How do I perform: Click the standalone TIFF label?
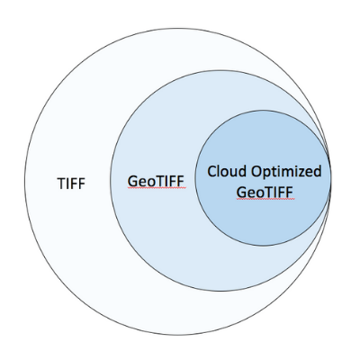pos(71,184)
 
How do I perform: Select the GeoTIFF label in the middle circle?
pos(156,181)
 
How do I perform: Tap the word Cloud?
pos(227,171)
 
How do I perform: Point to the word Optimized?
pos(286,172)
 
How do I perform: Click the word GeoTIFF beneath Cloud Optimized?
pos(265,193)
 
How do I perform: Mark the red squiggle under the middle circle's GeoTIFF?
pos(157,188)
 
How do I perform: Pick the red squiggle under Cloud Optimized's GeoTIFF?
pos(265,199)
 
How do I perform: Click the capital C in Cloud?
pos(211,172)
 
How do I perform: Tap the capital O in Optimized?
pos(256,172)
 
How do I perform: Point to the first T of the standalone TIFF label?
pos(61,184)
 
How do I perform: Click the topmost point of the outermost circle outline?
pos(177,29)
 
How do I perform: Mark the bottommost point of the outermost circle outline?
pos(177,335)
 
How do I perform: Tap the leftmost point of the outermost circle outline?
pos(24,182)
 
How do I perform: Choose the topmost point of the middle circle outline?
pos(220,70)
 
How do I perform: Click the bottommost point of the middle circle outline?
pos(220,291)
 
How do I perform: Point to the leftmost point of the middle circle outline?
pos(110,181)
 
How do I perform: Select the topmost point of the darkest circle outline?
pos(263,111)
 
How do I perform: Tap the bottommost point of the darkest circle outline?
pos(263,247)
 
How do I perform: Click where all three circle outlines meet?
pos(330,180)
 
